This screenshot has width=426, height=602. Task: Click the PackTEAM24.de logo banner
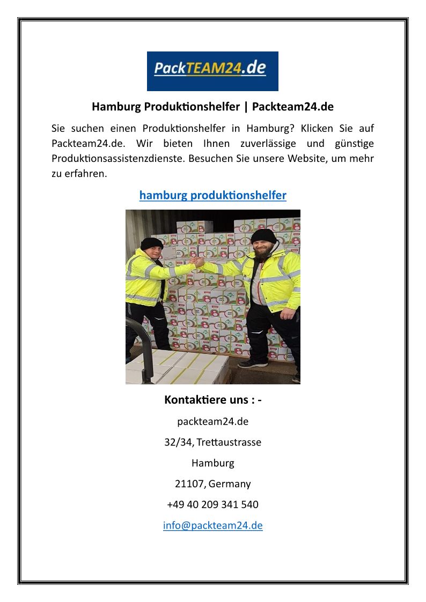tap(212, 71)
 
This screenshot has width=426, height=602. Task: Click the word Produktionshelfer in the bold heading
tap(192, 107)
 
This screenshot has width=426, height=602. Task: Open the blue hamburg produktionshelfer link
tap(212, 195)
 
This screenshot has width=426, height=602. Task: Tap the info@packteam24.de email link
tap(212, 525)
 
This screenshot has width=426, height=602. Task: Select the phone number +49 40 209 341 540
tap(212, 504)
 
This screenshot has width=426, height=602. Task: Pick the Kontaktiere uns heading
tap(212, 400)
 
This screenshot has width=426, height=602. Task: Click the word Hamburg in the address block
tap(212, 463)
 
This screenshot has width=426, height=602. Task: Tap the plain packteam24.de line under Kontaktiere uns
tap(212, 421)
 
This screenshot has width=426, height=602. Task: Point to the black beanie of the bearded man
tap(263, 236)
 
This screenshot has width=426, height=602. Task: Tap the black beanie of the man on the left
tap(151, 243)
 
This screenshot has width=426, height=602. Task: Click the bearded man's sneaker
tap(252, 363)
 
